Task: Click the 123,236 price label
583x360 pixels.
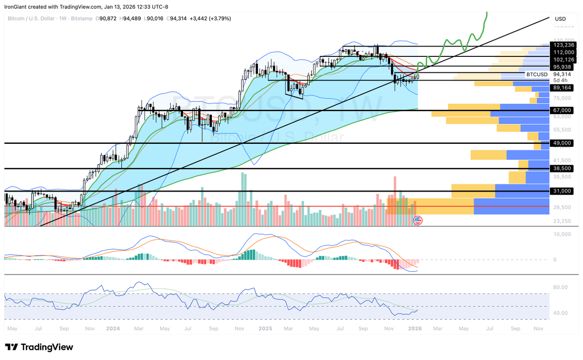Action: click(563, 45)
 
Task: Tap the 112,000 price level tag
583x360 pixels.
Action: click(563, 51)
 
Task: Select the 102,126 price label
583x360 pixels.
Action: click(563, 60)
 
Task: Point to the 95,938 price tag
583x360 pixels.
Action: click(563, 67)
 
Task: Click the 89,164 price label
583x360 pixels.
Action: click(563, 88)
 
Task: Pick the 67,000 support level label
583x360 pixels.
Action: click(563, 111)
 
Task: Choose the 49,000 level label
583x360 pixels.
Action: click(563, 143)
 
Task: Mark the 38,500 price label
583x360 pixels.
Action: click(563, 168)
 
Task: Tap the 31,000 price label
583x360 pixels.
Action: click(563, 191)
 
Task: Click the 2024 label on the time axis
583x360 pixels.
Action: click(113, 329)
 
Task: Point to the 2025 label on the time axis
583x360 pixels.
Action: click(265, 329)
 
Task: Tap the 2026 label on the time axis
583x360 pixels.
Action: click(414, 329)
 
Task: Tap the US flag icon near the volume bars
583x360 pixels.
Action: click(417, 221)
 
